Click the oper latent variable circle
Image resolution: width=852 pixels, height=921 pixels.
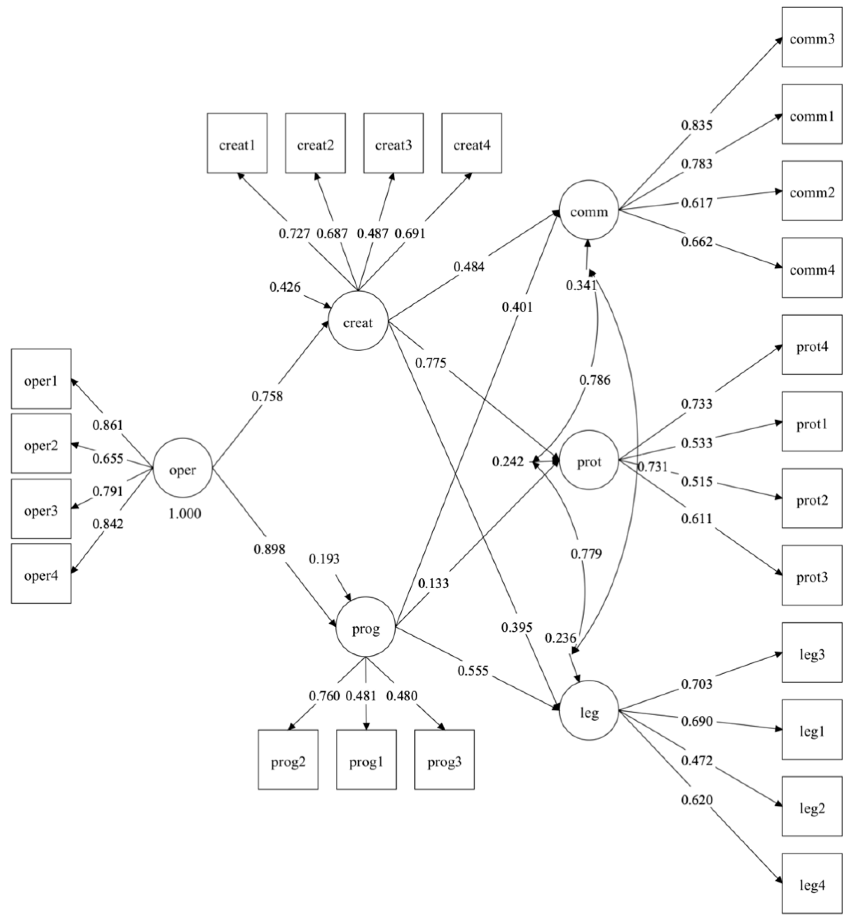click(183, 468)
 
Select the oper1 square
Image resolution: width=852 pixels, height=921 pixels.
click(41, 379)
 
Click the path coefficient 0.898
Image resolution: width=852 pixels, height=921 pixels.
click(269, 549)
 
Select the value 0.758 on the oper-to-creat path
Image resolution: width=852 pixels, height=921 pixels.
click(267, 396)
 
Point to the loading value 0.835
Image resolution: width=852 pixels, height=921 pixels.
click(697, 125)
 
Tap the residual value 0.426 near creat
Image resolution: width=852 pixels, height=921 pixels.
click(285, 287)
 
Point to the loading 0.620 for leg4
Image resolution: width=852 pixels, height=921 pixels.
click(697, 799)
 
